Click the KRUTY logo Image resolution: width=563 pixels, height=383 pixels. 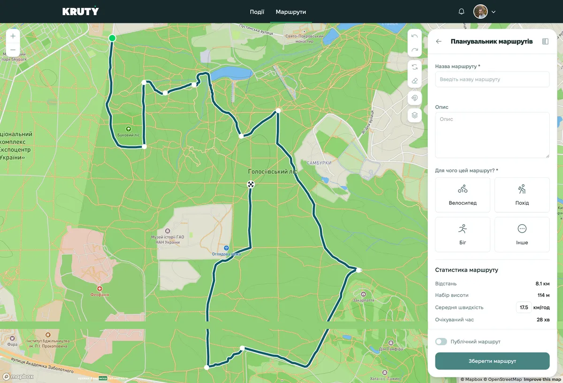81,11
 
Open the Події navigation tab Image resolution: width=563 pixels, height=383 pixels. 257,12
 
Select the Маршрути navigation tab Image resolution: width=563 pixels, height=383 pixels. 291,12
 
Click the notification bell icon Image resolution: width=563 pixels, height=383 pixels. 461,12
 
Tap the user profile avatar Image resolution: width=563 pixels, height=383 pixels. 480,12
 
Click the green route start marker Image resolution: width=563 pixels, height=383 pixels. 112,38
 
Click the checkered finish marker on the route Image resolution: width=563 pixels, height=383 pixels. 251,185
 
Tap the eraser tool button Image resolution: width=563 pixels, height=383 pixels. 414,81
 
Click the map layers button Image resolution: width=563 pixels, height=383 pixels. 414,114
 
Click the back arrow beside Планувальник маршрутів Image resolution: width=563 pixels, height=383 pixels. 439,41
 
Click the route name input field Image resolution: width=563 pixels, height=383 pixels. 492,79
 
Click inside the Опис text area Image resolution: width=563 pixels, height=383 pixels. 492,134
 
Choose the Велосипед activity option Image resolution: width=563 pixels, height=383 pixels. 463,195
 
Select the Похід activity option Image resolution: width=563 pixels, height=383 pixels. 522,195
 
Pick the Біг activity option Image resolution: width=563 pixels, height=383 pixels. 463,234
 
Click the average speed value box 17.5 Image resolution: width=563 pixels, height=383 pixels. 524,307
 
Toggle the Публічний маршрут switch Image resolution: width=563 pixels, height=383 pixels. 441,342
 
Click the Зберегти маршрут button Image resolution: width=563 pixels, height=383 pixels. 492,361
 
